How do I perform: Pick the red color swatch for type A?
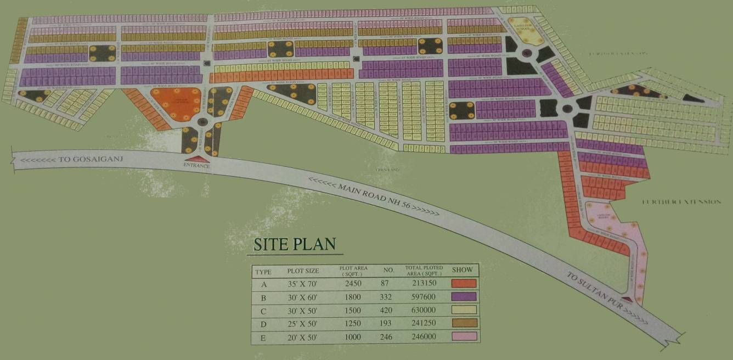coord(464,284)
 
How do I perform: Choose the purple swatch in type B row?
coord(464,296)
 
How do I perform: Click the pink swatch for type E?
coord(464,336)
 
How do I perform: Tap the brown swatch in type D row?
coord(464,323)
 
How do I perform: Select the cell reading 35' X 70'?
coord(303,284)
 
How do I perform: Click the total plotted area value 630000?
coord(424,310)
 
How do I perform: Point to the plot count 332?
coord(388,297)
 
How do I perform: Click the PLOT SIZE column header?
coord(303,271)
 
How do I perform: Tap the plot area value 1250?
coord(353,323)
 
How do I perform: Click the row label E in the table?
coord(264,336)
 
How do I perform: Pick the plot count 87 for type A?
coord(388,284)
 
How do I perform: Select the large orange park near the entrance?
coord(176,103)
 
